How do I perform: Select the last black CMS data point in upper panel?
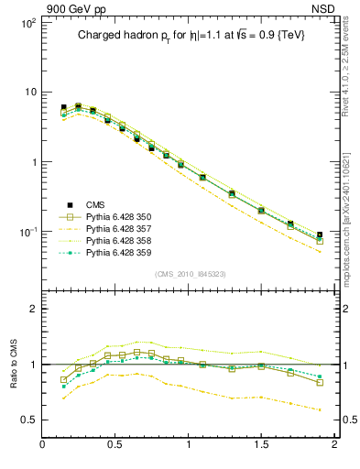[x=320, y=235]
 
